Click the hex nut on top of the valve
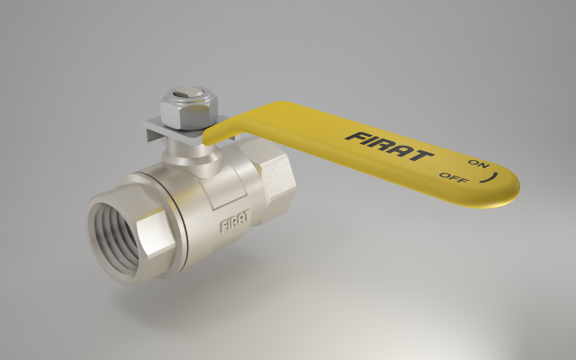click(189, 108)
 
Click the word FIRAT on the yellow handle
click(390, 147)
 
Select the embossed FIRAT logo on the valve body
click(235, 220)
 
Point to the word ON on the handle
click(479, 164)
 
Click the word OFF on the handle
click(454, 178)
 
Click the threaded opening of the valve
click(117, 238)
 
